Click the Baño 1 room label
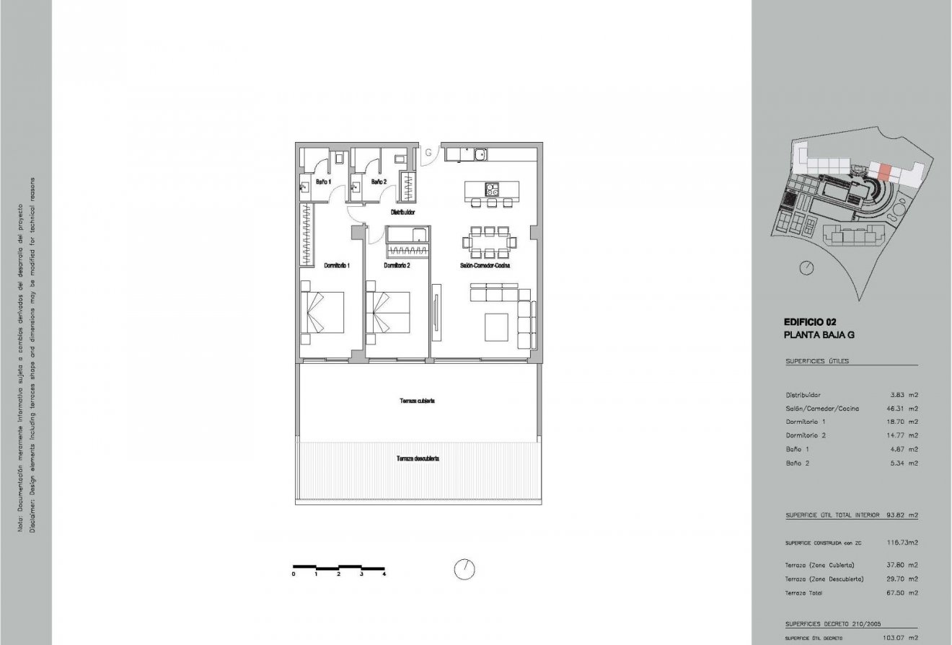323,182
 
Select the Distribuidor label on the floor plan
402,213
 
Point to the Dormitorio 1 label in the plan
337,265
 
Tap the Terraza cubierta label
417,401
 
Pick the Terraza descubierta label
418,458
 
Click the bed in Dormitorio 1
322,312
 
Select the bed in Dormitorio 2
388,312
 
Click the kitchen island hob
491,190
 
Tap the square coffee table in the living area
499,327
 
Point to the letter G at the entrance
428,153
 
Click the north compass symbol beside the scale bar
464,569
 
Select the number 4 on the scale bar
384,574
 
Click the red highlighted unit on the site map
885,171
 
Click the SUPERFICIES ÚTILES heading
817,361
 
